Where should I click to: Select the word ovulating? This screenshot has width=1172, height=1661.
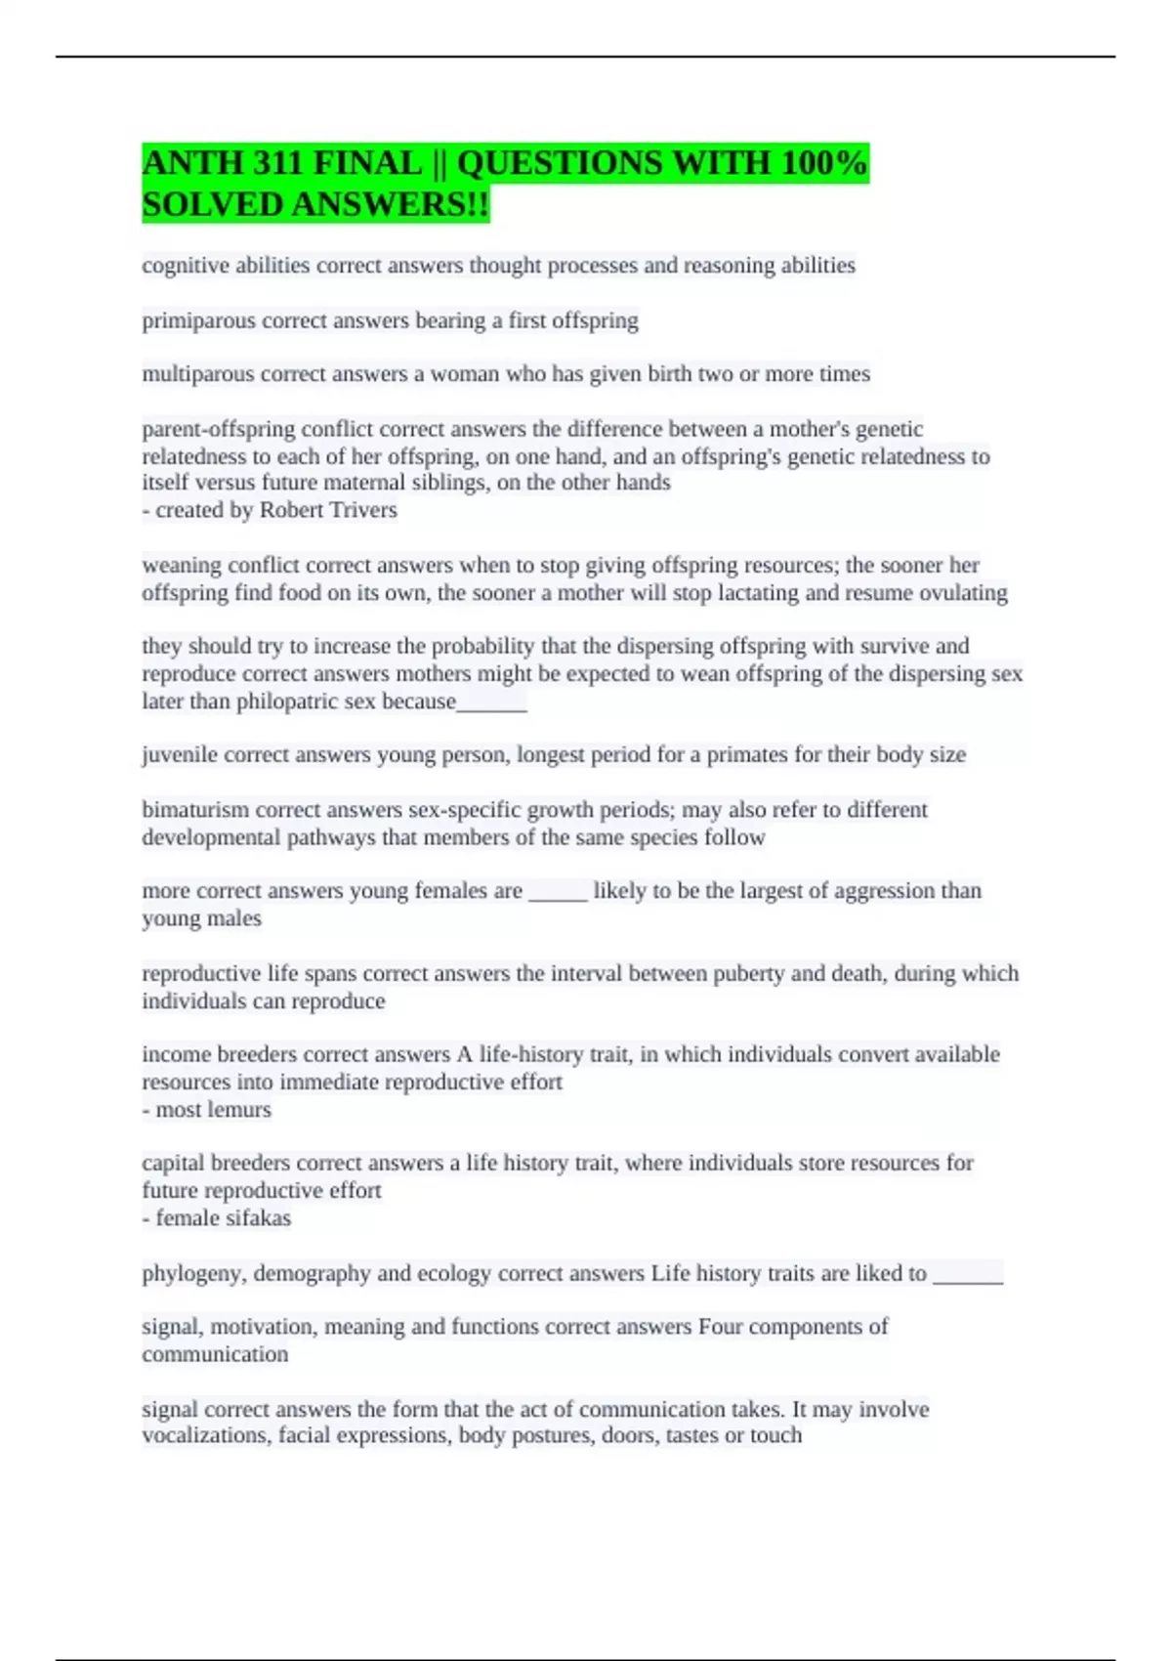(960, 593)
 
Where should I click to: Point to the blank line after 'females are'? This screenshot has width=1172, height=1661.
(558, 892)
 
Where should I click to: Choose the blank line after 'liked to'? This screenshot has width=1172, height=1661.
(968, 1276)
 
